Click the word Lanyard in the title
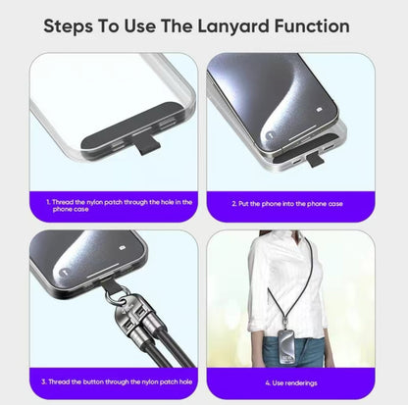(234, 27)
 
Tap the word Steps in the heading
(68, 27)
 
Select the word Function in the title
(312, 26)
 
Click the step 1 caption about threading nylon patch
(119, 206)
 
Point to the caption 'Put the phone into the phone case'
(287, 204)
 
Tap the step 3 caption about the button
(117, 381)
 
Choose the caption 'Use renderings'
(291, 382)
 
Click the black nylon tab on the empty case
(146, 145)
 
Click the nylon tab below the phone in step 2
(315, 160)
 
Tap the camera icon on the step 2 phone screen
(320, 110)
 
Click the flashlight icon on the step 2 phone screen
(270, 135)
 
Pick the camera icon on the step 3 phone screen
(123, 247)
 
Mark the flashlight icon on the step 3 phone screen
(65, 271)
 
